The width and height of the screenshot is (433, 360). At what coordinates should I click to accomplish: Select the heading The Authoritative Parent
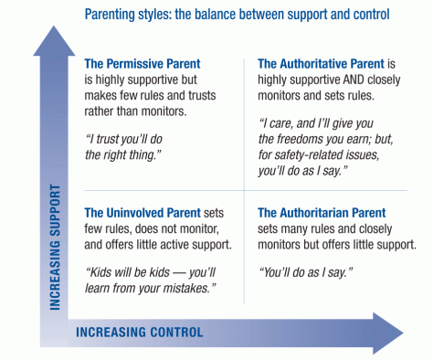320,64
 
